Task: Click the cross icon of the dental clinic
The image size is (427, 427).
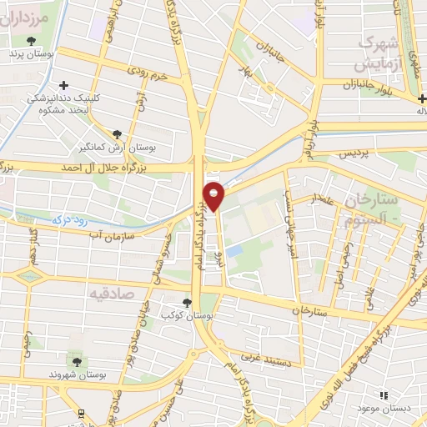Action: [64, 84]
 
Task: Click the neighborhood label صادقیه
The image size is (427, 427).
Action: [112, 293]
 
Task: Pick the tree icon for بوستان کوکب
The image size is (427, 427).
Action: [187, 303]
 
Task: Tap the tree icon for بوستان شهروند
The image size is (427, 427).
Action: [77, 361]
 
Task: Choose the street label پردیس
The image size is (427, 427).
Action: [350, 156]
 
